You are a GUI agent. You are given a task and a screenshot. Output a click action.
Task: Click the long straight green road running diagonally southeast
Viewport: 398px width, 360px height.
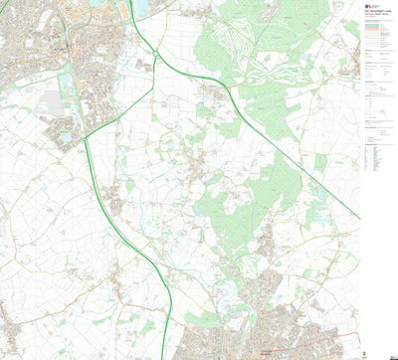click(x=298, y=159)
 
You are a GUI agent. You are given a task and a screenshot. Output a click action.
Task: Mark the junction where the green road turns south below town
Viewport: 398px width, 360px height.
click(x=88, y=139)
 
